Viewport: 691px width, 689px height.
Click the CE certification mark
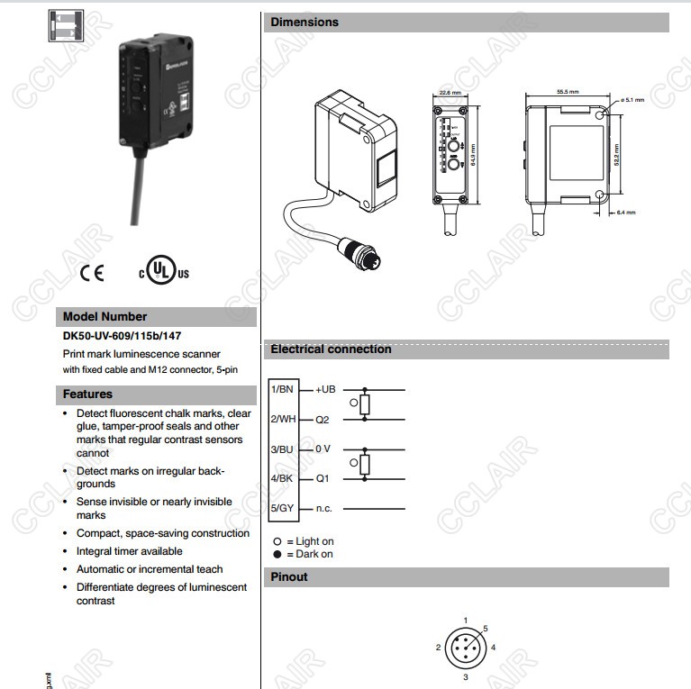pos(91,273)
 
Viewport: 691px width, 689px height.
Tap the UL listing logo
pos(163,271)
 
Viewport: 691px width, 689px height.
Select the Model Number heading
pos(105,316)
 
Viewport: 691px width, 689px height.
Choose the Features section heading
pos(87,394)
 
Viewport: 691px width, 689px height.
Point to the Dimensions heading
pos(305,22)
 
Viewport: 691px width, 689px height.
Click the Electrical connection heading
pos(331,349)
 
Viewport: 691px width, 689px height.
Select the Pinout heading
pos(289,576)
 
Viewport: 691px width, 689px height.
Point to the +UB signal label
pos(325,389)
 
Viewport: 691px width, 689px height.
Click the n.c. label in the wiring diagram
pos(324,508)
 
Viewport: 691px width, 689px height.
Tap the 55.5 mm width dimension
pos(568,92)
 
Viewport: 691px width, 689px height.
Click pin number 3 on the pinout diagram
pos(465,676)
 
